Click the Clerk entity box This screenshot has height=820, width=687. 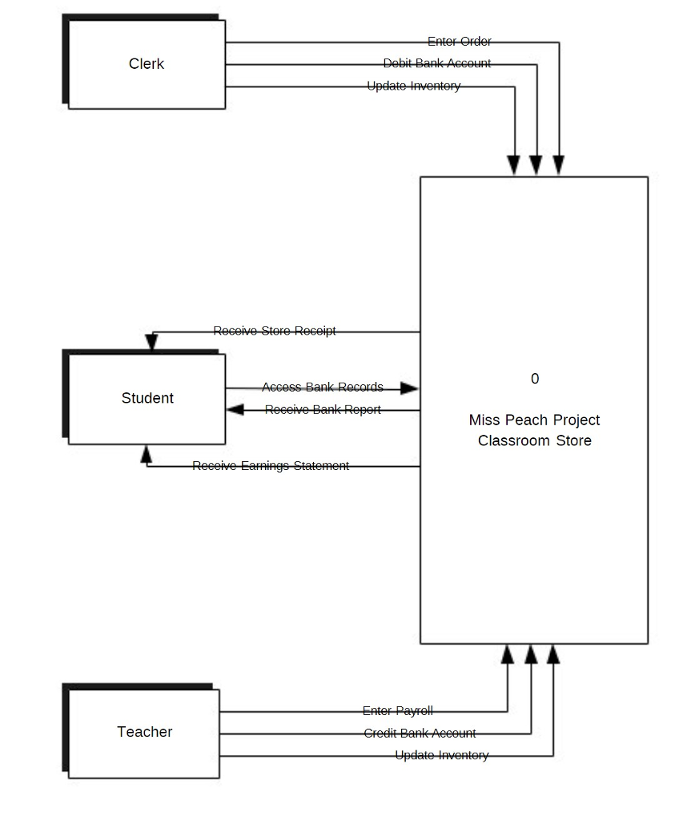147,64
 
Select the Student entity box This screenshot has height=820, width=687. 147,398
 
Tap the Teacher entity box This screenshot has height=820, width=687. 144,732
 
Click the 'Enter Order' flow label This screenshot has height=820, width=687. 459,42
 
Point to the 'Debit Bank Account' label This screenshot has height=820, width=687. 436,63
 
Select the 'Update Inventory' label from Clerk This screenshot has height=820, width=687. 413,86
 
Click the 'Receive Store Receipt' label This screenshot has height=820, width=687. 275,331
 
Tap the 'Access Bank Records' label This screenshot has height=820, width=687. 322,388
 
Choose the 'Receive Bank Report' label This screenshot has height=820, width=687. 323,410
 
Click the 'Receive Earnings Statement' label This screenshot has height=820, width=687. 271,466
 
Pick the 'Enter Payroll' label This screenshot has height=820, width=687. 397,711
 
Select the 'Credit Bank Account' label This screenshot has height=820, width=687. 420,734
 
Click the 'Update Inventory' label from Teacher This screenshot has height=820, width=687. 441,755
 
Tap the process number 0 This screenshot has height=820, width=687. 535,379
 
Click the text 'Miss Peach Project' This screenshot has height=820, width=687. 534,420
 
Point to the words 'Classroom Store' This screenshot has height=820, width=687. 534,440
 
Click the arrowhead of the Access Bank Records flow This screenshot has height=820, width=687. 410,388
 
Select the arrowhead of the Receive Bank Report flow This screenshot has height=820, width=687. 235,410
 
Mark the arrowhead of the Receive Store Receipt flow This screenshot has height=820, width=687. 151,344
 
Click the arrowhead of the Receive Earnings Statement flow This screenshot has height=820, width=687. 146,454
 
